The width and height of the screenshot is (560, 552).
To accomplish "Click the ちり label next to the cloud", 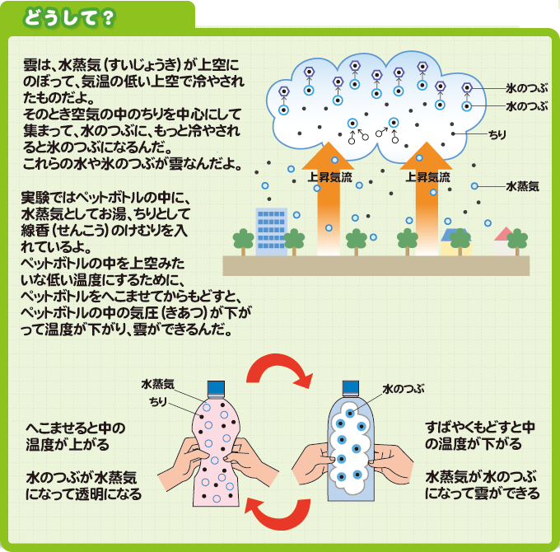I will [498, 133].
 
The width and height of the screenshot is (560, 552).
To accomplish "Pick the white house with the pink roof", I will [502, 241].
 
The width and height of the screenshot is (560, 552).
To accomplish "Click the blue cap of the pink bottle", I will [217, 388].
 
